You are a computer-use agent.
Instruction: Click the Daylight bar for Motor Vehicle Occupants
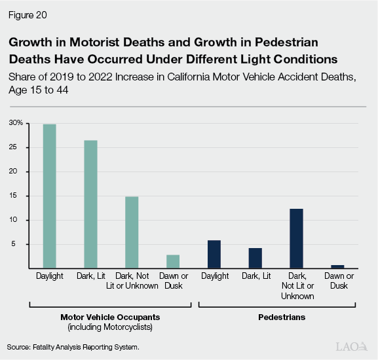pyautogui.click(x=49, y=196)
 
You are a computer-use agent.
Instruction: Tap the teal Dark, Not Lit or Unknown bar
pyautogui.click(x=132, y=232)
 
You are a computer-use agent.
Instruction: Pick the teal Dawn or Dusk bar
pyautogui.click(x=173, y=261)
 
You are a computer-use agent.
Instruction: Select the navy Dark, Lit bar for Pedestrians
pyautogui.click(x=255, y=258)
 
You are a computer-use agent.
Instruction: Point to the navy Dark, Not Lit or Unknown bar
pyautogui.click(x=296, y=238)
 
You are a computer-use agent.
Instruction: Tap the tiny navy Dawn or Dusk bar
pyautogui.click(x=337, y=266)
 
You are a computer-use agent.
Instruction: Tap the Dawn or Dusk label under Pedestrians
pyautogui.click(x=337, y=281)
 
